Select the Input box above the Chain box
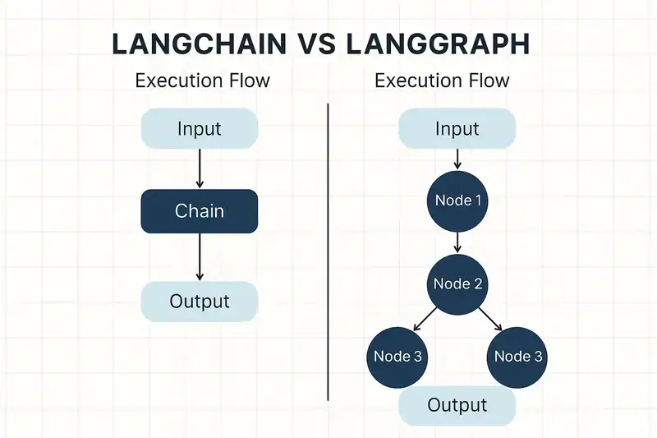coord(200,128)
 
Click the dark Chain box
coord(200,211)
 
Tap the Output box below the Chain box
coord(200,301)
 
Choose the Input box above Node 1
coord(457,128)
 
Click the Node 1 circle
coord(457,201)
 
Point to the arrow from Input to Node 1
coord(457,159)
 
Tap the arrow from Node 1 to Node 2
coord(457,242)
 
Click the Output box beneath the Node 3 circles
coord(457,405)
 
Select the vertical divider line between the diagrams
coord(328,247)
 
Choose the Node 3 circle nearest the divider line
coord(397,356)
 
